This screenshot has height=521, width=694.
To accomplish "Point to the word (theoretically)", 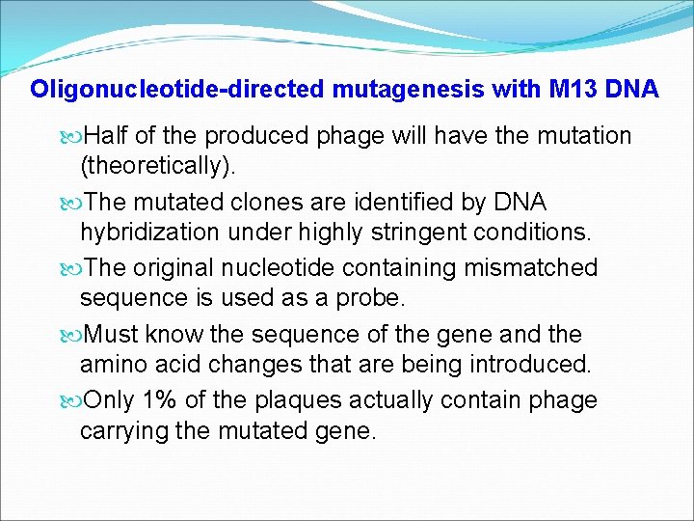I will (x=158, y=167).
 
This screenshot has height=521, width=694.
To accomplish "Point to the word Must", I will (x=111, y=334).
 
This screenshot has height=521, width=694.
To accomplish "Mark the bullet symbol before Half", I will (x=74, y=137).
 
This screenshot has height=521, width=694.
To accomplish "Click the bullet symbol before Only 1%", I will (x=74, y=400).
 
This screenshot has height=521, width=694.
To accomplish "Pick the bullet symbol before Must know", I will (x=74, y=335).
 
